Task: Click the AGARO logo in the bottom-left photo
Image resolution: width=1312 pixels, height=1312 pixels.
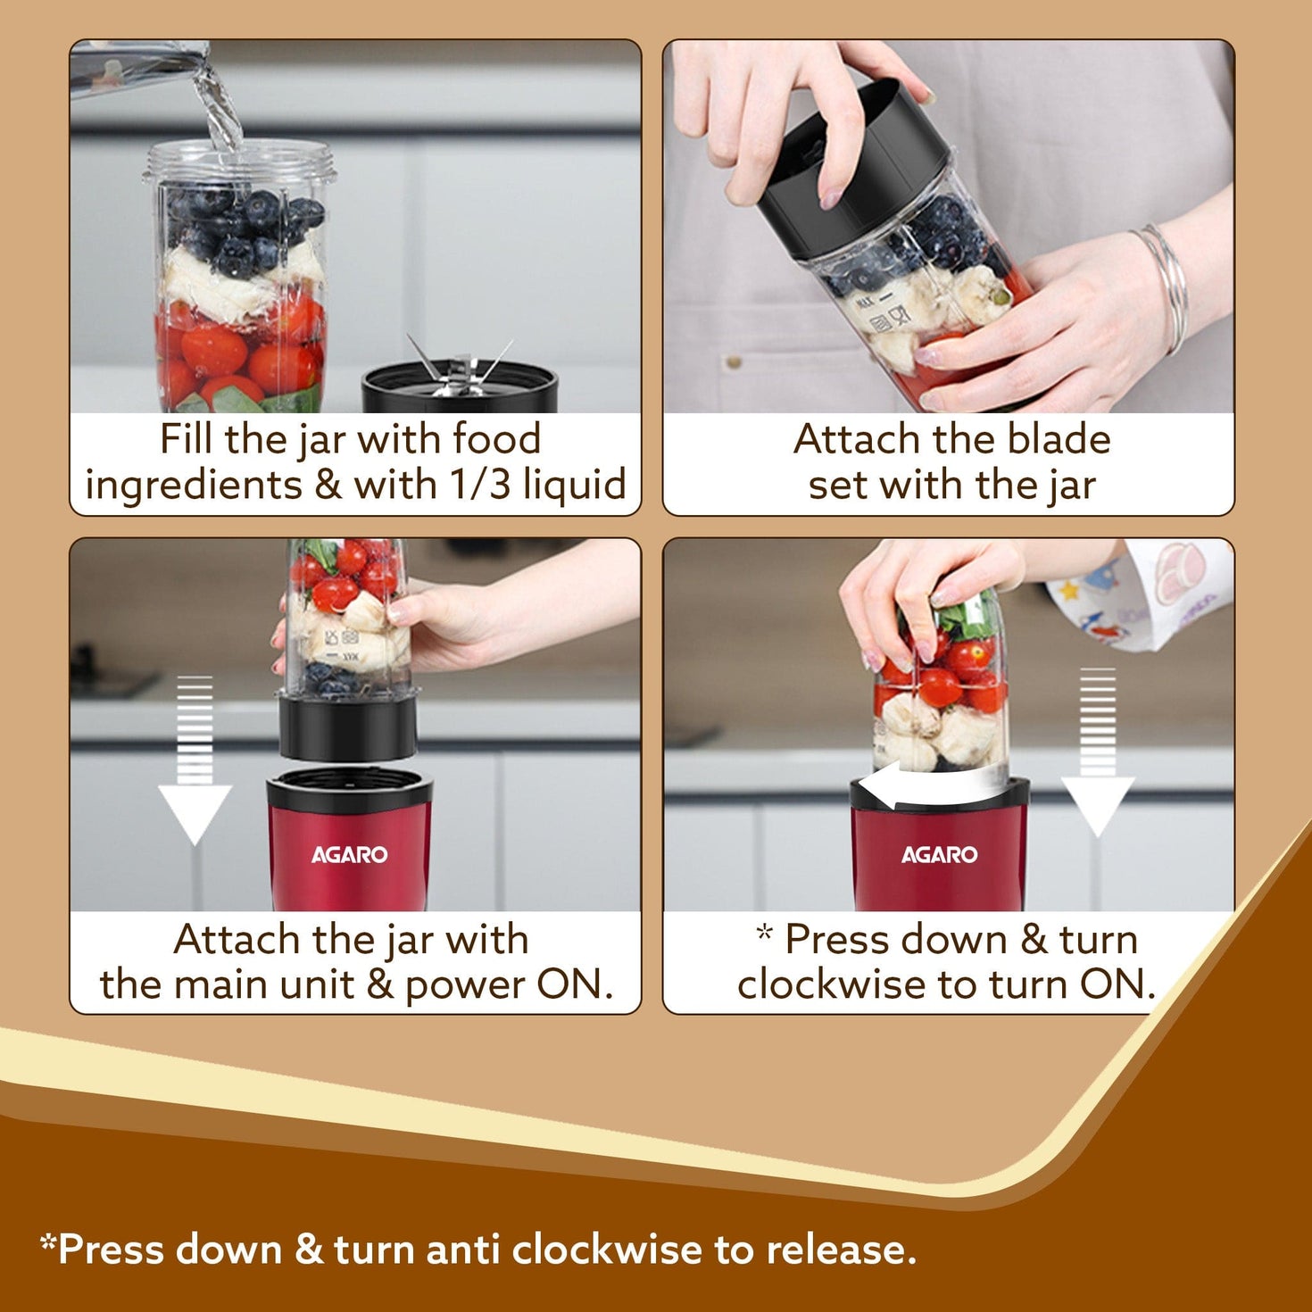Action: coord(349,855)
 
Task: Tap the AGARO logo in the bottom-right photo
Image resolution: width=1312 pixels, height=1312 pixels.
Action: coord(939,855)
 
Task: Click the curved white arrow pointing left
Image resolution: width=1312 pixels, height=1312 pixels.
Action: coord(928,787)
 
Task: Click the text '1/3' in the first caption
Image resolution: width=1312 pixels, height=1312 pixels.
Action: coord(479,485)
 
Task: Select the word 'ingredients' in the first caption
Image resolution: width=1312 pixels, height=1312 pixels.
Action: coord(194,486)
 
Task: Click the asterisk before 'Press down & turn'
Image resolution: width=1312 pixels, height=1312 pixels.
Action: coord(764,934)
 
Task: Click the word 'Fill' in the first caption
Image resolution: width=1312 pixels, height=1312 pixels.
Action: coord(186,439)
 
